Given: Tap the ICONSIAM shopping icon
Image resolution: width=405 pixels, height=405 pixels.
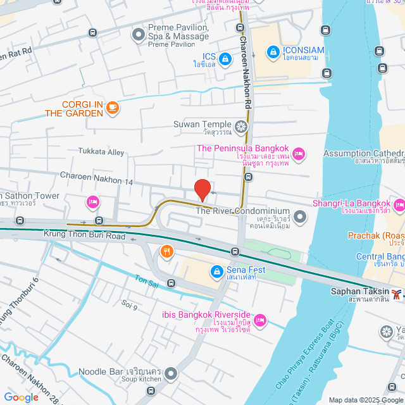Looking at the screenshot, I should [273, 51].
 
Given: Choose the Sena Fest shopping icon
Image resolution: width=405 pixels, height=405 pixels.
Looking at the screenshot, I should [216, 270].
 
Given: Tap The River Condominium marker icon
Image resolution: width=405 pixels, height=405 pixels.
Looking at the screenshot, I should [299, 217].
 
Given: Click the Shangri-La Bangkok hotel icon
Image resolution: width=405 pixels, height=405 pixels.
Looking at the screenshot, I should [399, 205].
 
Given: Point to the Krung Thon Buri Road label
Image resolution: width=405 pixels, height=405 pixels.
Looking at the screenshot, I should [85, 234].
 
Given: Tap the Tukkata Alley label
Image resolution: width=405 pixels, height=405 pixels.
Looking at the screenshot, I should [101, 152].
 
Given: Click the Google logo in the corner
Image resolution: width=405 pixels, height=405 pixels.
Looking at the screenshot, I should [20, 397].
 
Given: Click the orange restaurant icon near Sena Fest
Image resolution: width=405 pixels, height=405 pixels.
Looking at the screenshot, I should [166, 251].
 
